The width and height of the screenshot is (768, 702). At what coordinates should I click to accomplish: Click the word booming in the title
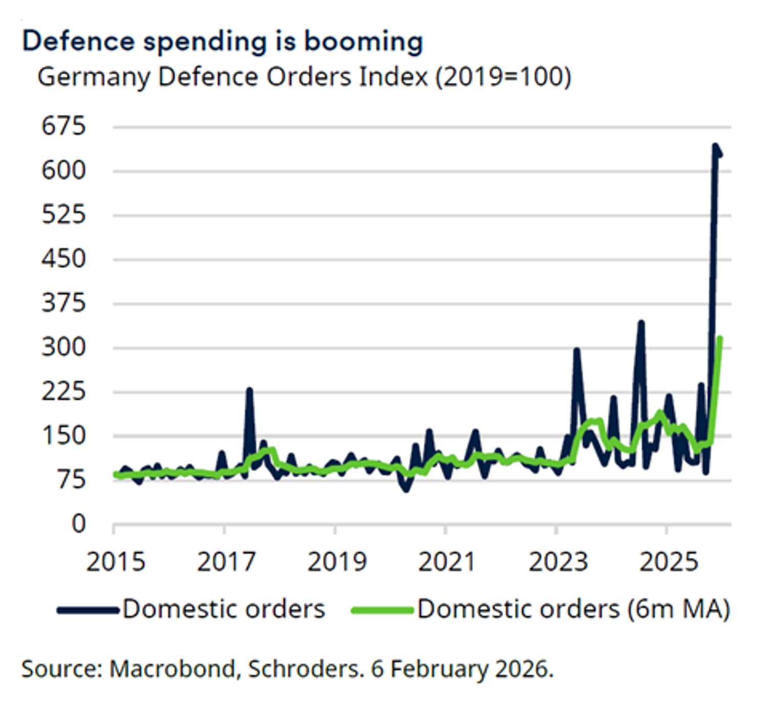364,42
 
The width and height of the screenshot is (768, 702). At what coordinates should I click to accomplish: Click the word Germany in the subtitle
94,78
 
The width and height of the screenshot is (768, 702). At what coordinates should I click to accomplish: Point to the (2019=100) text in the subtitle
503,78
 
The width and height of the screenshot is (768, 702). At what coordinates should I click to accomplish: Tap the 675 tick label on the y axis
63,126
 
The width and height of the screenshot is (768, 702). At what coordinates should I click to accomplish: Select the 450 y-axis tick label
63,259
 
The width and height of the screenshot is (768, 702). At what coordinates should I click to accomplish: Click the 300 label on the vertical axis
63,347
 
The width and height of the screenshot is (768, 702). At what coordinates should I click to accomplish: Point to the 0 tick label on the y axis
78,524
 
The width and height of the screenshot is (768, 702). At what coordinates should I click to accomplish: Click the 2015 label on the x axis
116,562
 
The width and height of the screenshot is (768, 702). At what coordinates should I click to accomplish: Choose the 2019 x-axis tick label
336,562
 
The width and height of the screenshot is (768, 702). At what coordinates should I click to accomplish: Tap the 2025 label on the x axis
668,562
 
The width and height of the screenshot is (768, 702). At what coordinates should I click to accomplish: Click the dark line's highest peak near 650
715,146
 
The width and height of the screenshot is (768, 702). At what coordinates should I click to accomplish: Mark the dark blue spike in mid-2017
249,390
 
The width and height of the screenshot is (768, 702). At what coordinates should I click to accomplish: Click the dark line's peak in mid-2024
641,323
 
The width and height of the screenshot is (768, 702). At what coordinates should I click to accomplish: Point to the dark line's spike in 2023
577,350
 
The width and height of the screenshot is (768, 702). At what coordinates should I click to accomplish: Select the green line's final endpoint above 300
720,338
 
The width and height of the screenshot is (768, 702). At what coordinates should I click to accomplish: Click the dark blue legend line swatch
88,610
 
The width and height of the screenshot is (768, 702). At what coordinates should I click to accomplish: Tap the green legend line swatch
382,610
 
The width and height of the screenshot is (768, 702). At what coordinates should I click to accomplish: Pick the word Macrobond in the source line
173,669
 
